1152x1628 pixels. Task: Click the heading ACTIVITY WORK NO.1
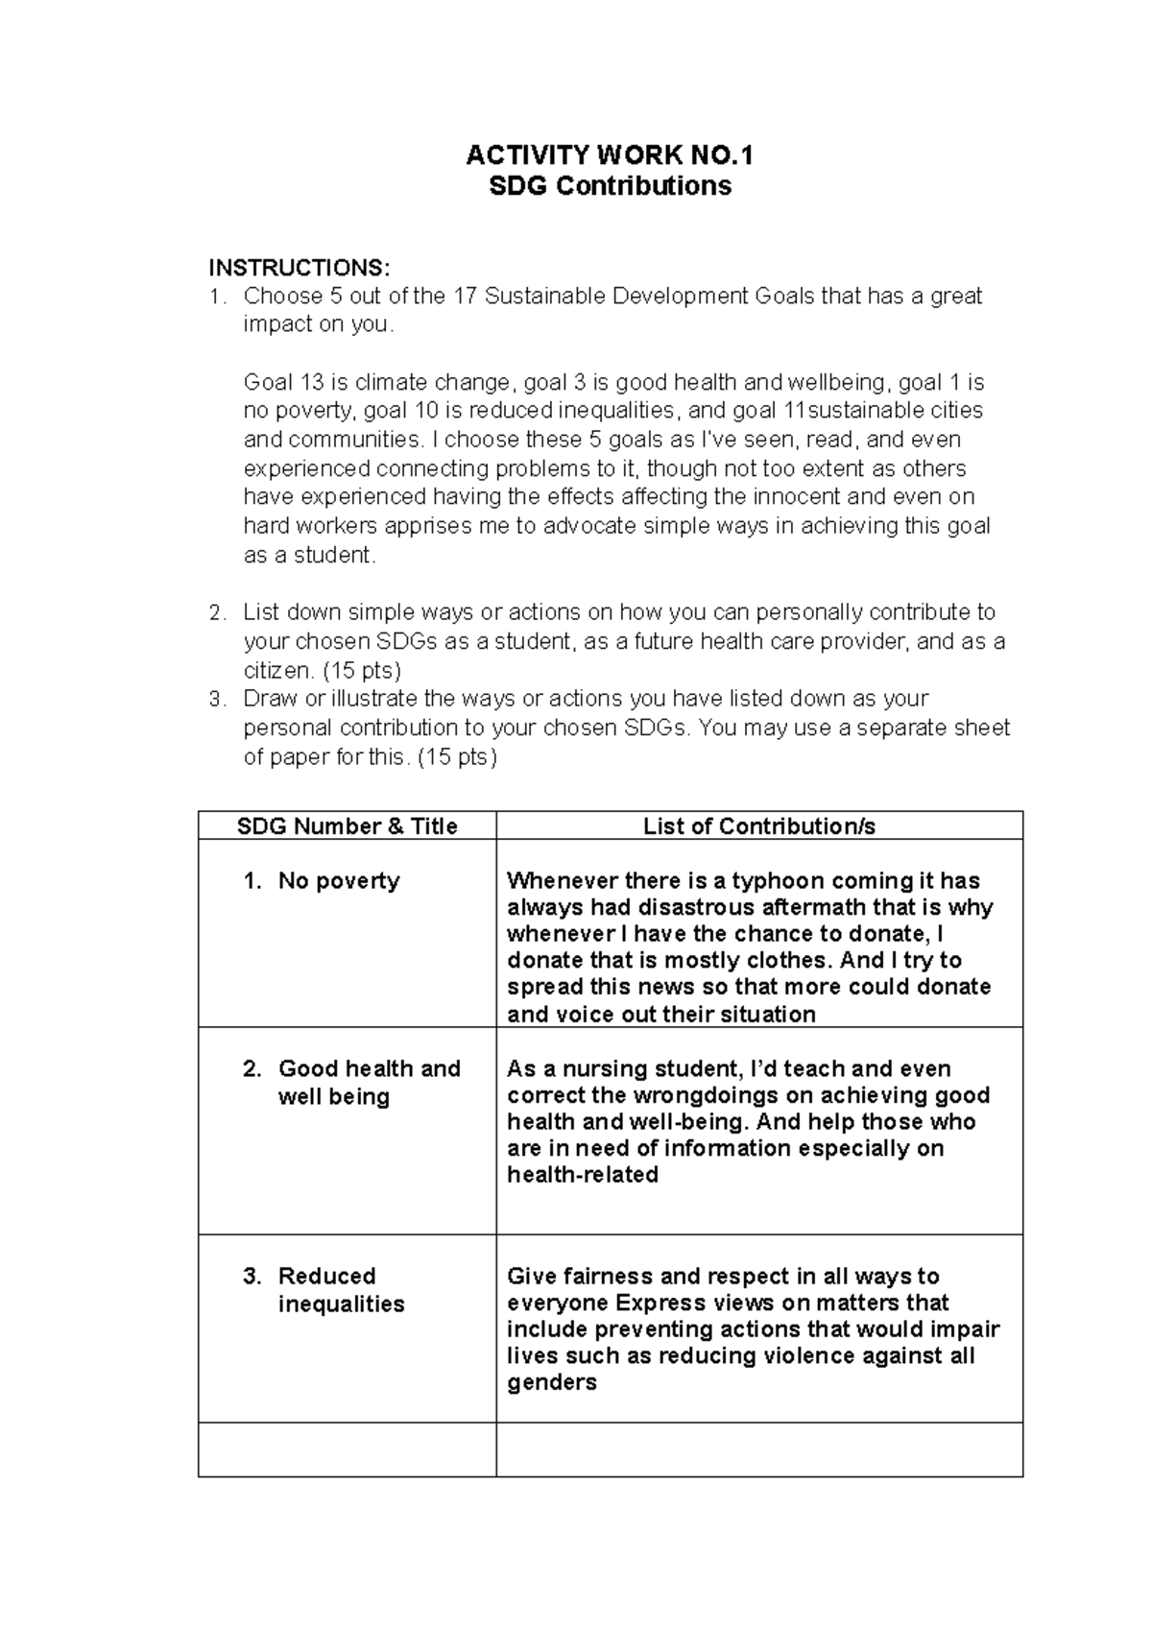click(x=610, y=156)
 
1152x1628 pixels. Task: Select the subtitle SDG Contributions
click(x=610, y=185)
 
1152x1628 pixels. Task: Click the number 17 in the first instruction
click(x=465, y=296)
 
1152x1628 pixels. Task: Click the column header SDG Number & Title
click(x=347, y=826)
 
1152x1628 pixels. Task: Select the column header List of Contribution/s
click(x=758, y=826)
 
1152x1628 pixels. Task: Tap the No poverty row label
click(x=338, y=881)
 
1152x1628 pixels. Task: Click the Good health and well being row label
click(x=369, y=1083)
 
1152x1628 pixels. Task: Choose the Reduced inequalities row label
click(x=341, y=1290)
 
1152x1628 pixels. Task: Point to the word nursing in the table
click(x=604, y=1069)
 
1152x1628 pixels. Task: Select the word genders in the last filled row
click(x=551, y=1383)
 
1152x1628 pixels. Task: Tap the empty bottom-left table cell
click(x=347, y=1449)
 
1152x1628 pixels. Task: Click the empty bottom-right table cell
click(x=758, y=1449)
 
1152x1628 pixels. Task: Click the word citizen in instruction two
click(x=276, y=670)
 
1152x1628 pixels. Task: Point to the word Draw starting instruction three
click(x=270, y=699)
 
